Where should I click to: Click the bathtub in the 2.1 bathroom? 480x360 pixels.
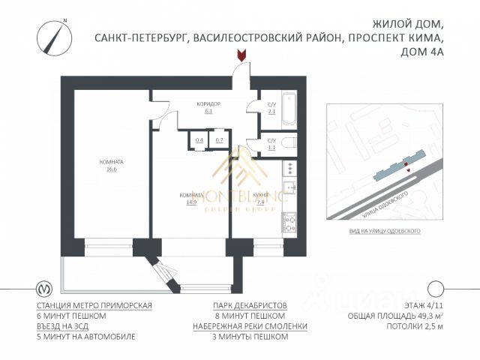click(289, 109)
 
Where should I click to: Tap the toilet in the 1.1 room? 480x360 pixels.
click(291, 142)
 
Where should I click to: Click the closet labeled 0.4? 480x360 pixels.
click(199, 140)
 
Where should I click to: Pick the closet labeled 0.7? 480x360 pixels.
click(219, 140)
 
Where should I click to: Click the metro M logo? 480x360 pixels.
click(45, 289)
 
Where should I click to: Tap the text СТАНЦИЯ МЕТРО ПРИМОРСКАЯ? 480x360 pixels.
click(94, 306)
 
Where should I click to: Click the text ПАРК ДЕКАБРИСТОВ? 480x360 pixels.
click(250, 306)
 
